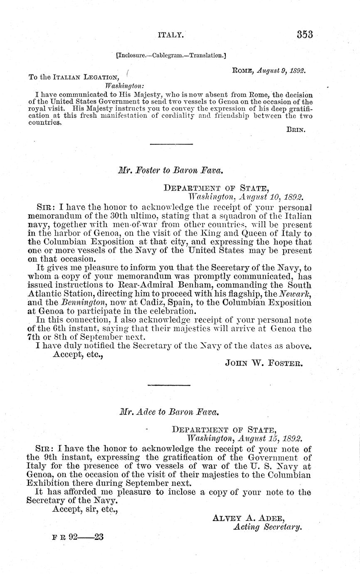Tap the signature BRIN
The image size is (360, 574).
[296, 129]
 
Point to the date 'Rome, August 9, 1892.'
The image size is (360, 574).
[269, 71]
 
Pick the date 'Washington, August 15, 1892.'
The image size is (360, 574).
[244, 438]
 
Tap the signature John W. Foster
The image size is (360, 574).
[264, 363]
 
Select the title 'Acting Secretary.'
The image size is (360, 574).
[267, 527]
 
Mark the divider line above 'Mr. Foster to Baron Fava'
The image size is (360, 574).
[171, 144]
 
